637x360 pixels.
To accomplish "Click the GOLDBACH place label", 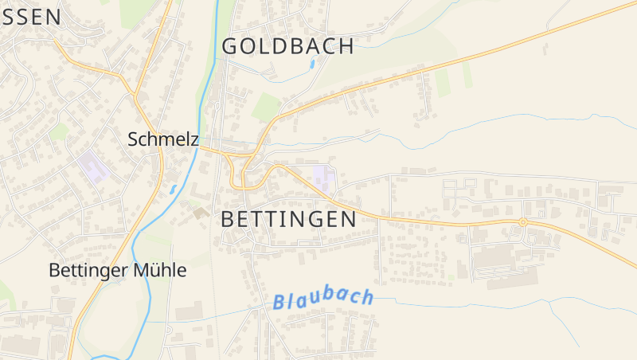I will pos(287,46).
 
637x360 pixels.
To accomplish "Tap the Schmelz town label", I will pos(163,139).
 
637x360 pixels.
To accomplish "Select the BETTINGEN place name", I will pos(288,220).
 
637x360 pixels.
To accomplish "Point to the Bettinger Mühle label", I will pos(118,271).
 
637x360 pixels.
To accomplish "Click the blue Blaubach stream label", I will pos(322,299).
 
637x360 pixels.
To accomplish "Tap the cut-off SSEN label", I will pos(30,17).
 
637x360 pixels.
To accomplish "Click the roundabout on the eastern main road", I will pos(523,222).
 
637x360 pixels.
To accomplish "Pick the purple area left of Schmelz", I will pos(94,165).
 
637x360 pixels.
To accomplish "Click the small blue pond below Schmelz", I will pos(174,190).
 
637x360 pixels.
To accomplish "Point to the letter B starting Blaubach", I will pos(279,303).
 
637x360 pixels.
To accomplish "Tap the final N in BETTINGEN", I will pos(347,220).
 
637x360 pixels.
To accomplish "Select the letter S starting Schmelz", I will pos(133,139).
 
